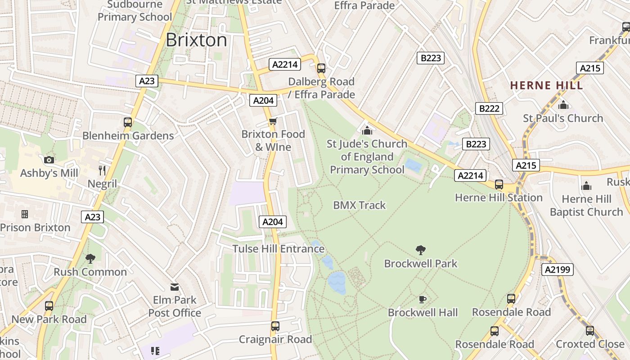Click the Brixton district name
[196, 40]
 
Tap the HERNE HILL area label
[546, 85]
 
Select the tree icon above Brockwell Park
[421, 250]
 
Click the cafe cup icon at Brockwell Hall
[422, 299]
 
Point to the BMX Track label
[359, 205]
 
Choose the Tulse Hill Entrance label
[278, 249]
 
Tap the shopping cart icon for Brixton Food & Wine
[273, 121]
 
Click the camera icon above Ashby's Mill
[49, 160]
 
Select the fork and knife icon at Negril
[102, 170]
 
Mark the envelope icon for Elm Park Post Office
[175, 287]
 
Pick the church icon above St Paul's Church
[563, 105]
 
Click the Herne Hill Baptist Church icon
[586, 186]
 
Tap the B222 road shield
[489, 108]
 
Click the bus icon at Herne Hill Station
[499, 184]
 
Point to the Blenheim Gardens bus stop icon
[128, 122]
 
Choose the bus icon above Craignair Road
[275, 326]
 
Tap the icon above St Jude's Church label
[367, 131]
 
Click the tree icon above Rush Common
[90, 259]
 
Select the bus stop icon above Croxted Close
[589, 331]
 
